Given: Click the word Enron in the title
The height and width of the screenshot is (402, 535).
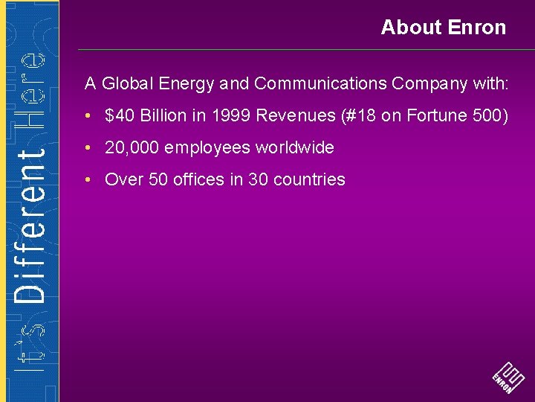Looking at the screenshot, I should [x=477, y=28].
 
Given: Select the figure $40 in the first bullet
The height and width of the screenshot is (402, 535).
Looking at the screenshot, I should [x=119, y=115].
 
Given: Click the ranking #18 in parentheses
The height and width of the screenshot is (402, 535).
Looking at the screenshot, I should [x=359, y=115].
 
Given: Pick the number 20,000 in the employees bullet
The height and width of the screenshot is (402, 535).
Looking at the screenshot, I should [x=132, y=147].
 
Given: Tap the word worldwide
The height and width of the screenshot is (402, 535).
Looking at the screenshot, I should [x=295, y=147].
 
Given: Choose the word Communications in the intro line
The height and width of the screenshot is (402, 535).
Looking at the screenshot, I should [x=320, y=83].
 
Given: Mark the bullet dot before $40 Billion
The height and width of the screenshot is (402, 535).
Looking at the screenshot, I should [x=88, y=116].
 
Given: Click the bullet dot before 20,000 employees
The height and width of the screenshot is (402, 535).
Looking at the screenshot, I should [x=88, y=148].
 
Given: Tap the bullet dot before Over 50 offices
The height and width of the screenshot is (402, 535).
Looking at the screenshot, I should [x=88, y=180].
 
